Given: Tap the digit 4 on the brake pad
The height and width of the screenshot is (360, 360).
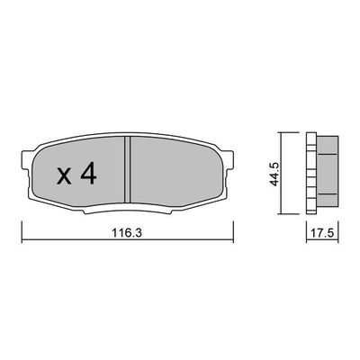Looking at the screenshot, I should click(87, 175).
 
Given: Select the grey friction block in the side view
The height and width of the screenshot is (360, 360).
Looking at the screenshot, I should click(328, 175).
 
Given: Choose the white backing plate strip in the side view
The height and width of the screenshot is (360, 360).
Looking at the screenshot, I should click(311, 175).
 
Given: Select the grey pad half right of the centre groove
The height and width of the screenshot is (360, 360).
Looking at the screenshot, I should click(175, 175).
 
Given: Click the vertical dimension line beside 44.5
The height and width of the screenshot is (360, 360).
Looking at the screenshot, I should click(282, 175).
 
